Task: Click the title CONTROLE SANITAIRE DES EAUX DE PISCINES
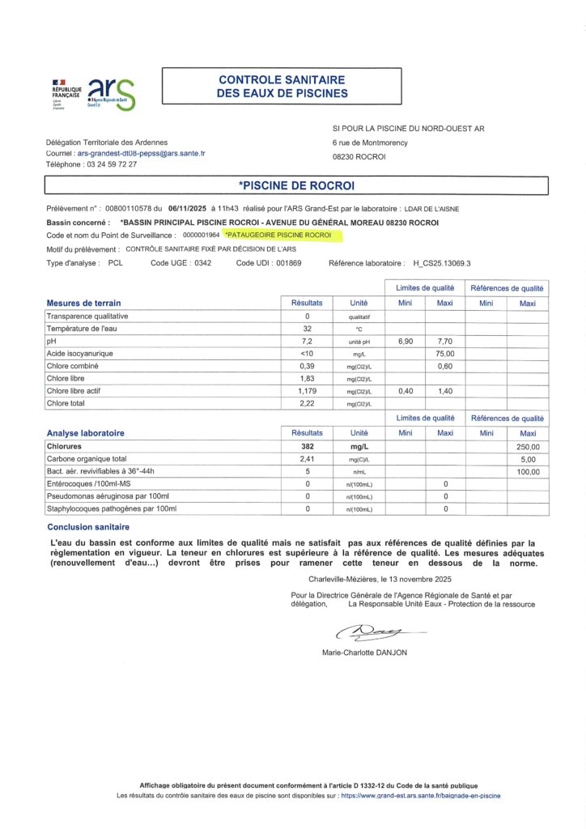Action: click(282, 87)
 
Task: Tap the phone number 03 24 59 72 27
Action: click(110, 164)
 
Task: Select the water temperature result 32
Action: click(308, 329)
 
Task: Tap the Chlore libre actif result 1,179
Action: click(308, 390)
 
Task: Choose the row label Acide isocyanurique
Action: click(79, 355)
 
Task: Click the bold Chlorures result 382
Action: click(308, 446)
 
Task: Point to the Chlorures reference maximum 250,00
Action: click(528, 446)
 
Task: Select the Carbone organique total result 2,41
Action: click(308, 459)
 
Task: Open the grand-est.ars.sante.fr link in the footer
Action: click(420, 796)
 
